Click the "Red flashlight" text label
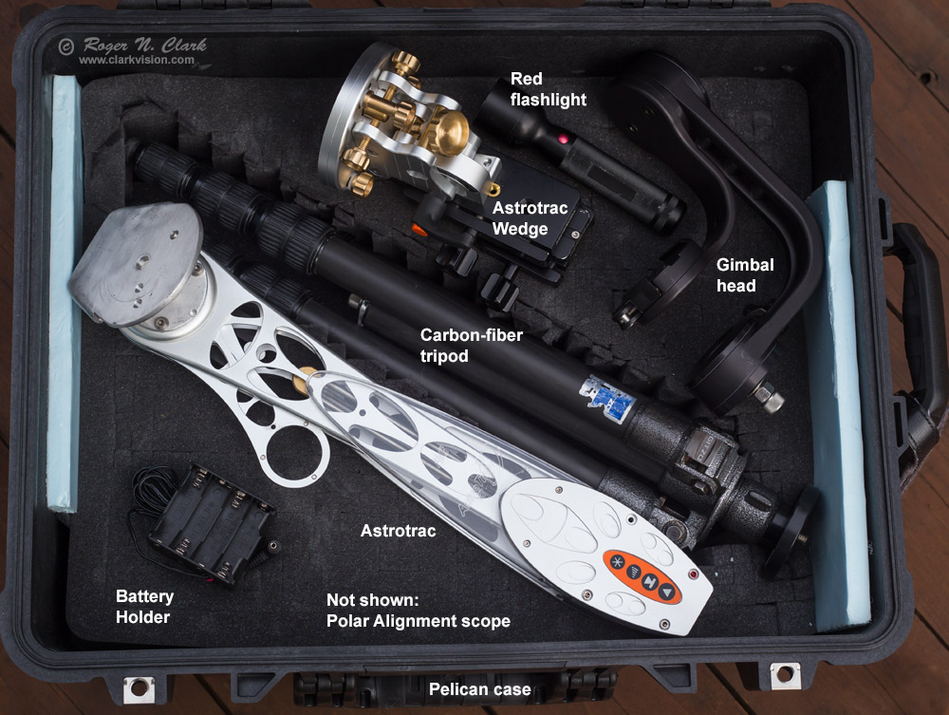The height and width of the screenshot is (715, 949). [548, 89]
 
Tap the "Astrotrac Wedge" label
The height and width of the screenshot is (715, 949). [530, 218]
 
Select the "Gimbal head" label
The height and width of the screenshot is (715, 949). [745, 274]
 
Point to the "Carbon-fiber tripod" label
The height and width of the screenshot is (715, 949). [471, 345]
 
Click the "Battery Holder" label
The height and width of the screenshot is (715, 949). [144, 607]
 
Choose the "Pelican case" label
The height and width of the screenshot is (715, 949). [480, 689]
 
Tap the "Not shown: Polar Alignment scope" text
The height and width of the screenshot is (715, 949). [419, 611]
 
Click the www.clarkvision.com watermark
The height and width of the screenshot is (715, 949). [136, 60]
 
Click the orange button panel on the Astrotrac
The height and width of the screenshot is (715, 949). [642, 576]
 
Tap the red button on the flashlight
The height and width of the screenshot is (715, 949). [563, 140]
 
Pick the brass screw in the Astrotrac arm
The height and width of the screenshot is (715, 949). [305, 381]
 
